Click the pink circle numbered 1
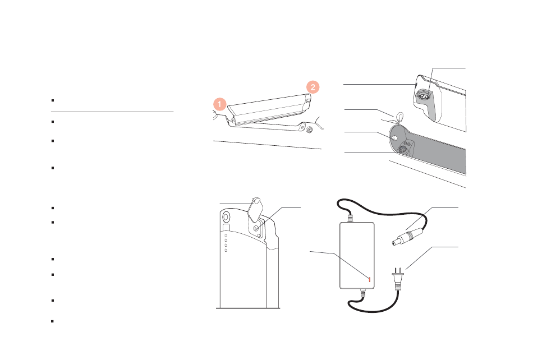[220, 104]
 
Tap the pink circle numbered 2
[313, 87]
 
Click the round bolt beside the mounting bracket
[309, 130]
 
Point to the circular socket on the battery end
[424, 96]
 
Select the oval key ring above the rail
[399, 117]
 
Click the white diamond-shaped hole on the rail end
[394, 138]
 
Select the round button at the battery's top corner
[226, 216]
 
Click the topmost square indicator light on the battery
[226, 236]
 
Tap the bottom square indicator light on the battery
[226, 251]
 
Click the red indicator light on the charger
[370, 279]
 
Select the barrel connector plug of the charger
[408, 236]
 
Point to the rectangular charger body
[357, 255]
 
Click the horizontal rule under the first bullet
[112, 112]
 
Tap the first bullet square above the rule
[53, 100]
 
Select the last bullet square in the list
[53, 321]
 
